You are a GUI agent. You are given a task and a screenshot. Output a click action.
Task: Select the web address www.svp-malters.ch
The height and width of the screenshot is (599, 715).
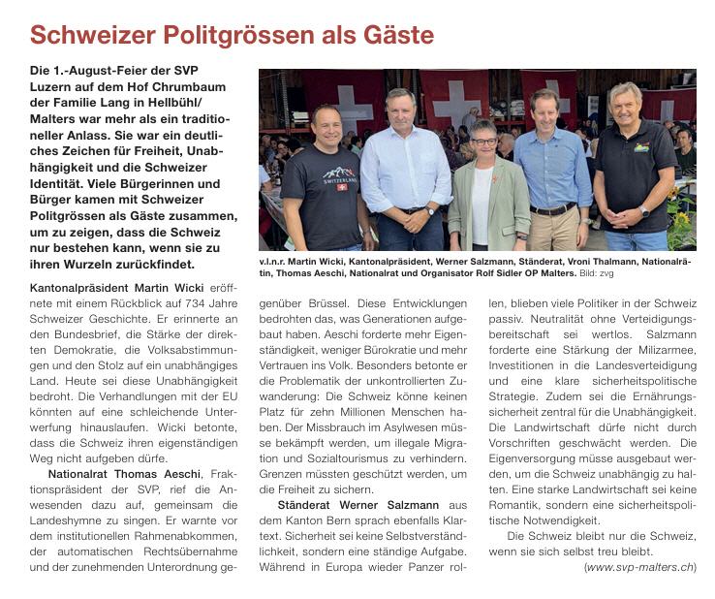(x=640, y=567)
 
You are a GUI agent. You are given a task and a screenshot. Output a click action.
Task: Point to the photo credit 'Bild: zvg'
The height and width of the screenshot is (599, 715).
(x=596, y=274)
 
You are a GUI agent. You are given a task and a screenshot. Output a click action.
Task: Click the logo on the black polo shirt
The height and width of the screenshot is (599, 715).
(x=641, y=147)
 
